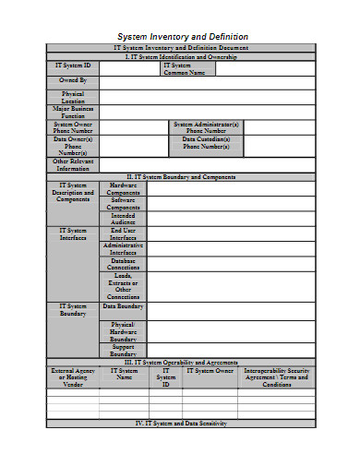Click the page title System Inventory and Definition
click(181, 36)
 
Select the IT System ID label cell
click(73, 66)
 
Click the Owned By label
click(73, 81)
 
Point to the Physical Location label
click(73, 97)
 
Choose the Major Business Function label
click(73, 113)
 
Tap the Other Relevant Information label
click(73, 164)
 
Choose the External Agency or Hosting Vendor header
click(73, 377)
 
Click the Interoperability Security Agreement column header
click(276, 377)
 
